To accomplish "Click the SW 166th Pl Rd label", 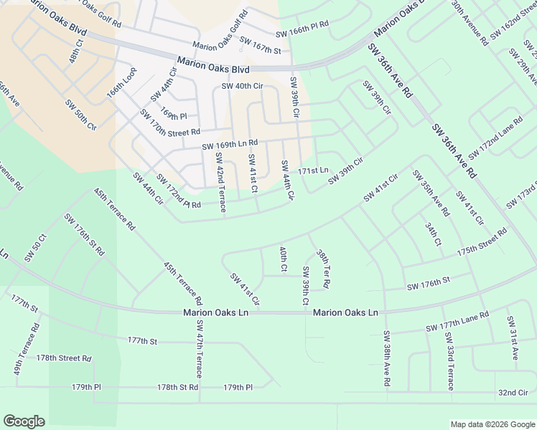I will click(302, 34).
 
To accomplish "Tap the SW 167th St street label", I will click(260, 45).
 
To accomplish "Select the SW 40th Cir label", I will click(243, 86).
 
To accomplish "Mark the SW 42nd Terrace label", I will click(219, 182).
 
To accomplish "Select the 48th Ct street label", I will click(77, 52).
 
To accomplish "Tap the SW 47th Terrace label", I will click(200, 349).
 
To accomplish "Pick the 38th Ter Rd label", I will click(322, 269).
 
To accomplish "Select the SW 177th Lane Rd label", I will click(457, 321).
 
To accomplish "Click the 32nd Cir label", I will click(513, 393).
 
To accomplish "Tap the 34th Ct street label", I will click(432, 234).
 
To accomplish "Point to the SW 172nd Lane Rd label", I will click(495, 139).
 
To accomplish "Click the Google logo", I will click(24, 421).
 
